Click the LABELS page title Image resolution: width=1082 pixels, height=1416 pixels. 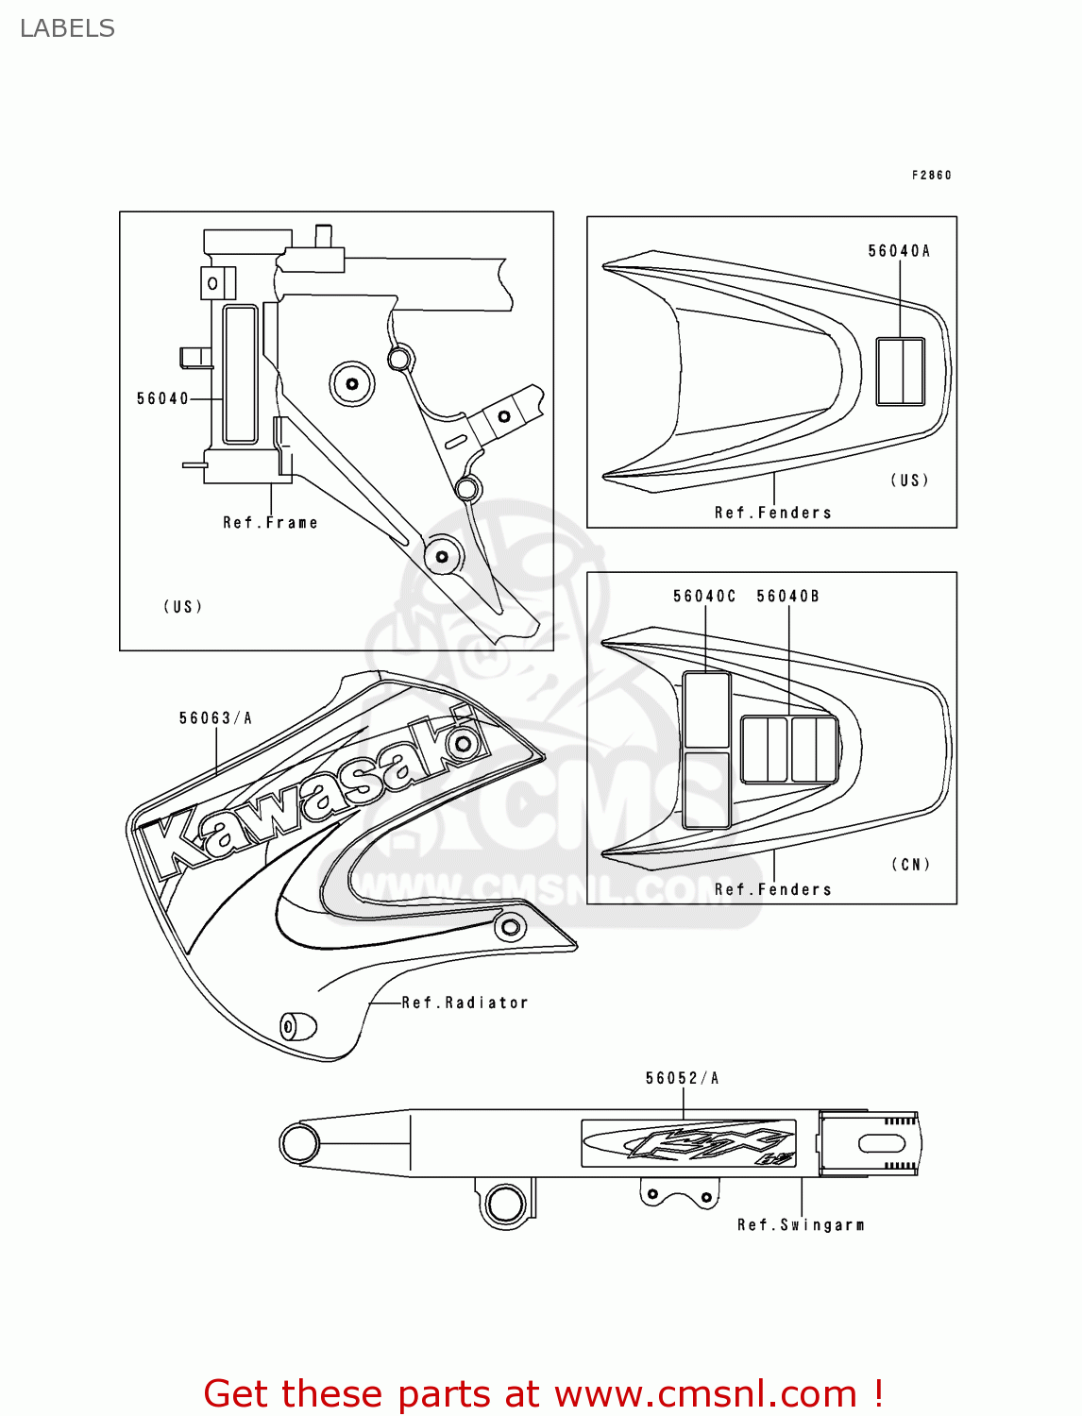[67, 28]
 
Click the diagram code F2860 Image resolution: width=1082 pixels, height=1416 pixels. [931, 175]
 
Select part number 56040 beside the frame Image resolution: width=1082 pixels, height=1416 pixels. [162, 398]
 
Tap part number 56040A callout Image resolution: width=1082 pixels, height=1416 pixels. [899, 251]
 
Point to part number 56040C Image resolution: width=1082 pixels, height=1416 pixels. [703, 597]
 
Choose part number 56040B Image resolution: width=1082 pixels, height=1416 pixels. [787, 597]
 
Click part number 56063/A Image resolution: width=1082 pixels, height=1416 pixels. [215, 718]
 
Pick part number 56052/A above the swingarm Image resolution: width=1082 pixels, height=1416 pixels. [682, 1078]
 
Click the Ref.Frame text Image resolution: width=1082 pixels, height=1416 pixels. [270, 523]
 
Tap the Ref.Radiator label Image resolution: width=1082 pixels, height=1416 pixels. [465, 1003]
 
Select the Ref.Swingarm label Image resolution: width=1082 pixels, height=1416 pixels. [801, 1225]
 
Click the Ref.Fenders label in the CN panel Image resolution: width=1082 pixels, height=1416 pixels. [772, 889]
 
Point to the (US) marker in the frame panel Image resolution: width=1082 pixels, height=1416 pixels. [183, 607]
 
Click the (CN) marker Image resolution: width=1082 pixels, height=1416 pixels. [910, 865]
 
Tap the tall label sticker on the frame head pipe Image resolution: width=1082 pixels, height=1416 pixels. [240, 374]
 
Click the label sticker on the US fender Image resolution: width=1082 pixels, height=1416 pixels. [901, 371]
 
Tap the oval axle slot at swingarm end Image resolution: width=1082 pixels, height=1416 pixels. [881, 1144]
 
